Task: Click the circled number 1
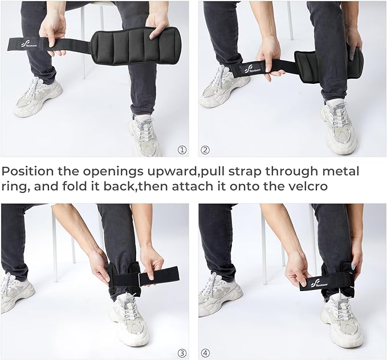[182, 150]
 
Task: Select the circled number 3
[182, 353]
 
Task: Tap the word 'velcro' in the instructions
[306, 187]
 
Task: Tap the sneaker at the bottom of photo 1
[145, 135]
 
